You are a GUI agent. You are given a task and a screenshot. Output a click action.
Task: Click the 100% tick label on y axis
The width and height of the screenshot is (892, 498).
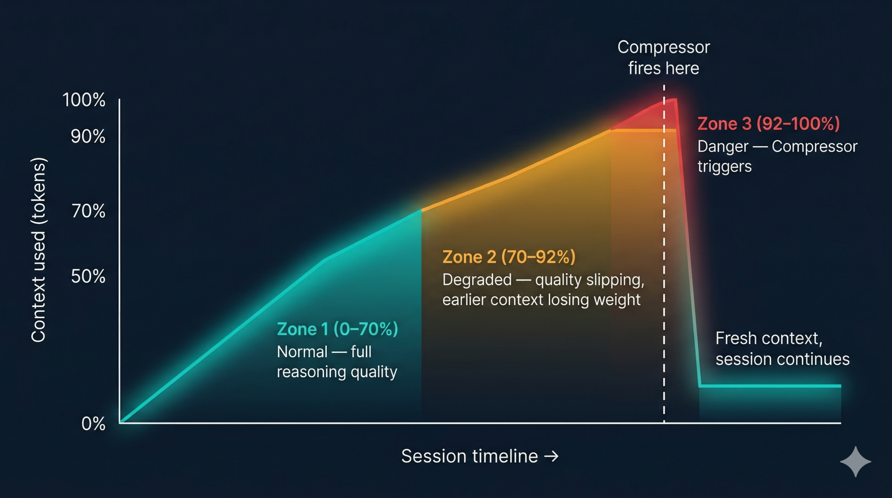[x=84, y=100]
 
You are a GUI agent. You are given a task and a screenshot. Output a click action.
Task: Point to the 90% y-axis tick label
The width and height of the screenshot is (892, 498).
[x=88, y=137]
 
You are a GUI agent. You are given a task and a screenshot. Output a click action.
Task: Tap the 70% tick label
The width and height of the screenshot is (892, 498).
[x=88, y=211]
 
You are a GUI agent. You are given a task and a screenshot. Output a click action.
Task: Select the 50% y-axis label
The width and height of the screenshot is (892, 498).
[x=88, y=276]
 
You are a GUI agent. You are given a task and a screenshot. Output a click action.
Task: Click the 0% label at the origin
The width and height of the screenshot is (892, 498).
[x=93, y=423]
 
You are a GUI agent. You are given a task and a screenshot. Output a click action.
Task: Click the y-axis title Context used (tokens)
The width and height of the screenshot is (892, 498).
[x=38, y=250]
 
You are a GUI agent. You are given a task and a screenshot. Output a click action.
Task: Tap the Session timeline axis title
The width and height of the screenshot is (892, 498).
[x=469, y=456]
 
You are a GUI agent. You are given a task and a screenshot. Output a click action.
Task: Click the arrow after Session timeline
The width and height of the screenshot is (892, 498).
[x=552, y=456]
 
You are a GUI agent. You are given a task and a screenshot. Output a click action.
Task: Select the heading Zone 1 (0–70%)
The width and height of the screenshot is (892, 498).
[x=337, y=329]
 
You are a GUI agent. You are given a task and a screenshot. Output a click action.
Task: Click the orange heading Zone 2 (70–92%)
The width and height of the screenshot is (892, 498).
[x=509, y=257]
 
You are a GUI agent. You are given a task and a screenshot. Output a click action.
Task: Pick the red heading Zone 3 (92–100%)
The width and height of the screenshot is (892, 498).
[x=768, y=124]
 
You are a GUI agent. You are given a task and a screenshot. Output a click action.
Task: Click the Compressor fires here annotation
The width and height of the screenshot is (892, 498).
[x=664, y=58]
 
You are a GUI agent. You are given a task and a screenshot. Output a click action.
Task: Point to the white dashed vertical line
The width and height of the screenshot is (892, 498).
[x=664, y=268]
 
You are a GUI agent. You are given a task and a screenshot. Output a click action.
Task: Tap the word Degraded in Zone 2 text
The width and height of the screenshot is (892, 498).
[x=477, y=280]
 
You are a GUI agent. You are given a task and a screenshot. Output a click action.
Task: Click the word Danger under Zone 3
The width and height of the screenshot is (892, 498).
[x=723, y=146]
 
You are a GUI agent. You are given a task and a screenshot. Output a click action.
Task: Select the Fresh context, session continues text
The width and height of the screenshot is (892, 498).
[x=782, y=349]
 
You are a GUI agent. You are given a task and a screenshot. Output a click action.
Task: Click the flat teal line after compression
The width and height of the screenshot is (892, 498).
[x=770, y=386]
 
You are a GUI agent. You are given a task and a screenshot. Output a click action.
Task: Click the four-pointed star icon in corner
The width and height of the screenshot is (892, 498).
[x=855, y=462]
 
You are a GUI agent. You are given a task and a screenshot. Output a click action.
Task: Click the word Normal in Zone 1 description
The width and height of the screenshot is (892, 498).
[x=302, y=352]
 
